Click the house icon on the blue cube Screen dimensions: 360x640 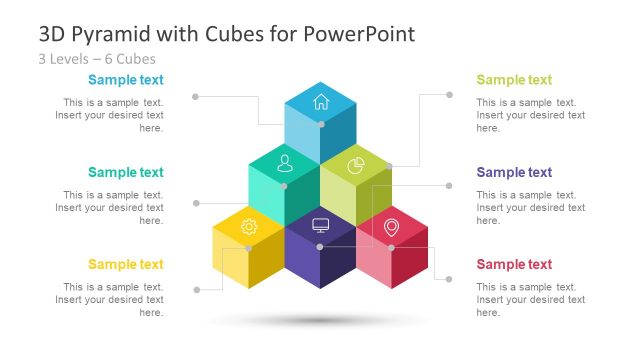[321, 100]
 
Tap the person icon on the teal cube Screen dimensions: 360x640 [284, 161]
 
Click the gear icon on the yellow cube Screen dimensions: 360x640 [249, 227]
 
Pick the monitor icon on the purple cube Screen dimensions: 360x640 [320, 225]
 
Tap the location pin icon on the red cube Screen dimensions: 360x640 [391, 227]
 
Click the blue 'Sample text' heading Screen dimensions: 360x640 [126, 80]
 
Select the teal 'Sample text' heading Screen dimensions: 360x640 [126, 173]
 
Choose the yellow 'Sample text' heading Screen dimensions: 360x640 [126, 265]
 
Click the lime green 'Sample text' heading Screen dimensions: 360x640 [514, 80]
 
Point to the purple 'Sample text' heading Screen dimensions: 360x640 [514, 173]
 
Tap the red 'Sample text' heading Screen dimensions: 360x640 [514, 265]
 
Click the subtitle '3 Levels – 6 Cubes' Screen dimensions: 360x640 [97, 58]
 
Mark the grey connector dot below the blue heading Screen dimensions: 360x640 [195, 96]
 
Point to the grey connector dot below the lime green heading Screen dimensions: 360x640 [449, 95]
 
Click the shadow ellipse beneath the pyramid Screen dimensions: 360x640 [319, 321]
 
